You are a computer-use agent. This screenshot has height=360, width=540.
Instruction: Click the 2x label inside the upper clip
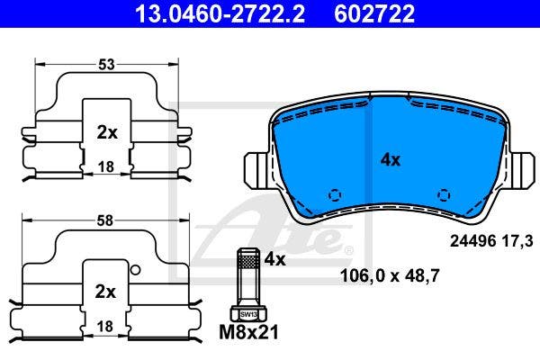coord(106,132)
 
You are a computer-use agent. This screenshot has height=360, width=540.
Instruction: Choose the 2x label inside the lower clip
coord(106,292)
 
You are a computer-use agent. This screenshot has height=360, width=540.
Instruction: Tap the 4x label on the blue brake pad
coord(390,159)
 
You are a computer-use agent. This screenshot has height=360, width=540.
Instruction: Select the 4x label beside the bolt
coord(274,260)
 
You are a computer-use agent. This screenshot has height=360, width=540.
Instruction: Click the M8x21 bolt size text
coord(250,332)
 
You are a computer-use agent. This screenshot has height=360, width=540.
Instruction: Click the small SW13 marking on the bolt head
coord(248,312)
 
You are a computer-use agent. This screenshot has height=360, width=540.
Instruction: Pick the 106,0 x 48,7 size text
coord(389,276)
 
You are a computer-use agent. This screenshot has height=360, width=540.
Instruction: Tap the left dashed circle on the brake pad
coord(335,194)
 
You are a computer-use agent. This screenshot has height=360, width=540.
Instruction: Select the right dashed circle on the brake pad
coord(443,194)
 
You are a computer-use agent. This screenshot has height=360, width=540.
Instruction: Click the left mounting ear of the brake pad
coord(256,167)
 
